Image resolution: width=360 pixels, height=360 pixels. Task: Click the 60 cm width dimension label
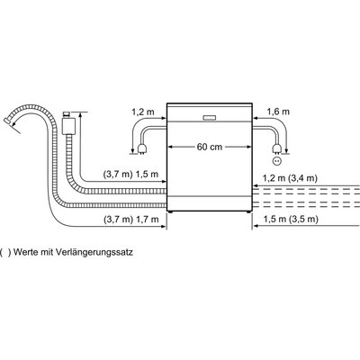(x=210, y=147)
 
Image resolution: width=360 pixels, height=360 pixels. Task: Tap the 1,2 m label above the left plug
(x=143, y=112)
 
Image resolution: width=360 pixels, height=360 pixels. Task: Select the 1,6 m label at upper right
(x=278, y=112)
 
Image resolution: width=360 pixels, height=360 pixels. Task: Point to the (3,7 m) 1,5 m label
(x=130, y=175)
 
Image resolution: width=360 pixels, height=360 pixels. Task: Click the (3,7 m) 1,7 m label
(x=130, y=220)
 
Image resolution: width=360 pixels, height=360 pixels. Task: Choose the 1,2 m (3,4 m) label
(x=290, y=178)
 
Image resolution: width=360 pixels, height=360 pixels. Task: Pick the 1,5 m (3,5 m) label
(x=291, y=220)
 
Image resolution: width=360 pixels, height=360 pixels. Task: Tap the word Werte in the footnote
(x=25, y=252)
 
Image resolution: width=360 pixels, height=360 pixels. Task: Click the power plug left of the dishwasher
(x=140, y=149)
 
